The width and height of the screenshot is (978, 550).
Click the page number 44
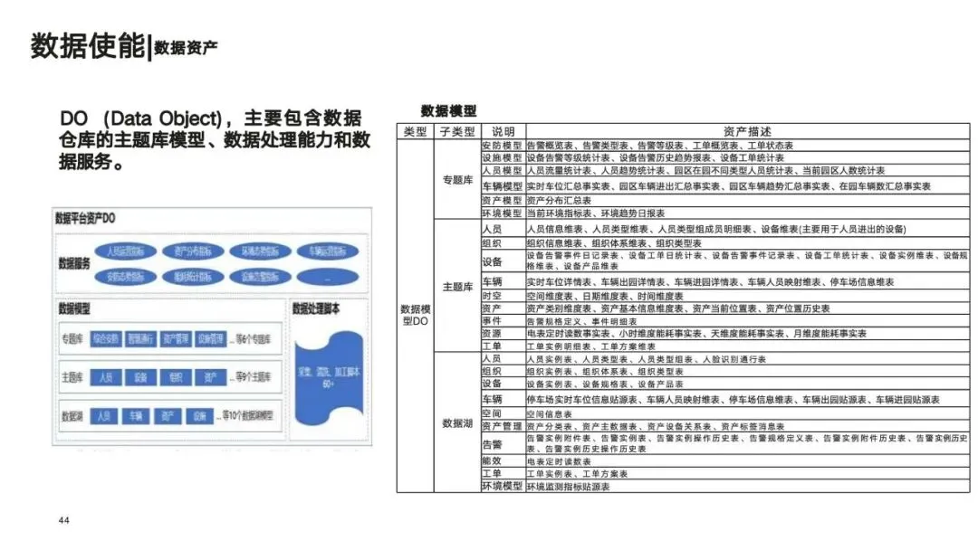pyautogui.click(x=63, y=521)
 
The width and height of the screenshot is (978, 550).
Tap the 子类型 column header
pyautogui.click(x=456, y=132)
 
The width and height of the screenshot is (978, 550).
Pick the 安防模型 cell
pyautogui.click(x=501, y=145)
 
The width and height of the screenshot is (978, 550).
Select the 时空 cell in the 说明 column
pyautogui.click(x=492, y=296)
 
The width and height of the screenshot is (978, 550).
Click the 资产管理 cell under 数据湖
pyautogui.click(x=501, y=425)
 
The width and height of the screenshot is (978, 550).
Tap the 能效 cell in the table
pyautogui.click(x=492, y=461)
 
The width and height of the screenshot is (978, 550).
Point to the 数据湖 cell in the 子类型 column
pyautogui.click(x=456, y=422)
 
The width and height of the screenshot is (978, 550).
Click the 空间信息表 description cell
pyautogui.click(x=550, y=413)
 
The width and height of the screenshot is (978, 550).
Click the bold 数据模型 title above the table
pyautogui.click(x=449, y=110)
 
